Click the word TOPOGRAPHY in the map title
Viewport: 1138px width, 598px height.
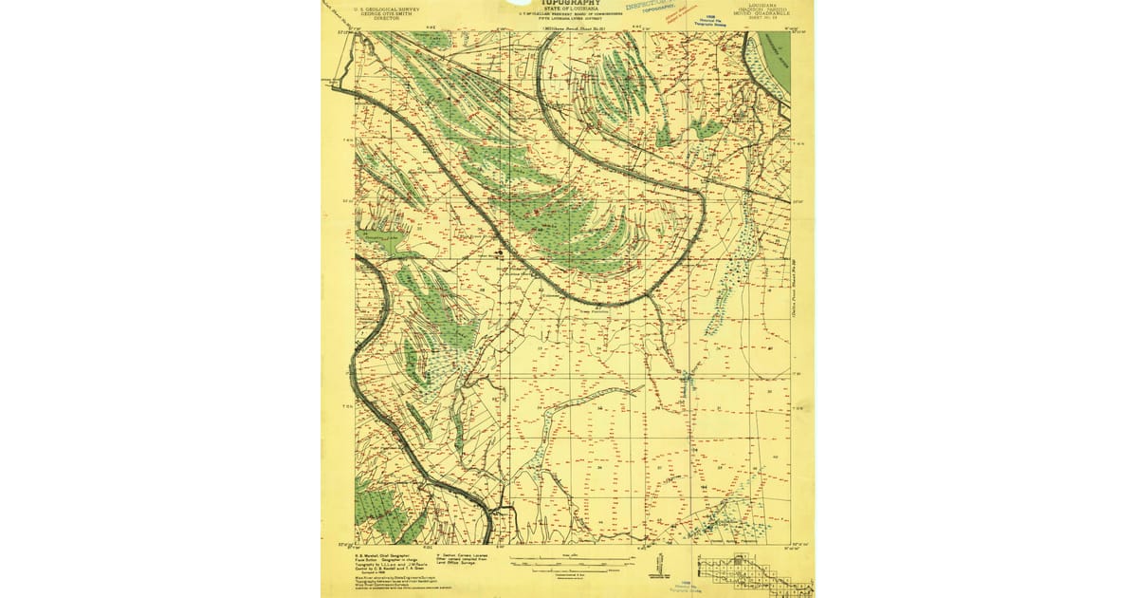pyautogui.click(x=567, y=3)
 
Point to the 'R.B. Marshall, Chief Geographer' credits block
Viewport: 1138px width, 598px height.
pyautogui.click(x=390, y=564)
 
